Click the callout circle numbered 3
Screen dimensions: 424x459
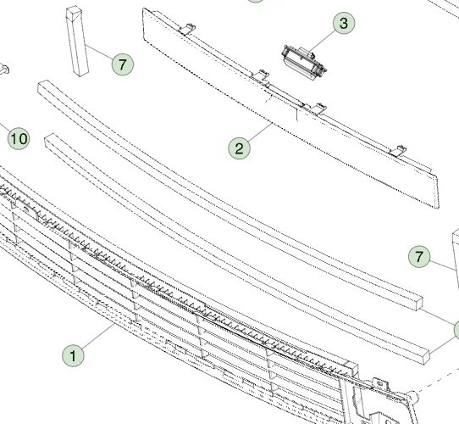tap(343, 23)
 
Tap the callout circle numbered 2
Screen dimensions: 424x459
tap(240, 148)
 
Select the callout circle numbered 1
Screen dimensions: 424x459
tap(74, 354)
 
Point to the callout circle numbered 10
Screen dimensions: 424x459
tap(18, 138)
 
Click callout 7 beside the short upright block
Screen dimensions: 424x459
tap(122, 64)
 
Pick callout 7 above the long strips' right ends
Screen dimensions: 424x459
tap(419, 255)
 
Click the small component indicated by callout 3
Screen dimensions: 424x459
tap(301, 59)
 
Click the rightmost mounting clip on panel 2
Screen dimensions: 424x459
tap(396, 150)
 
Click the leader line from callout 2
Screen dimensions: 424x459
tap(257, 135)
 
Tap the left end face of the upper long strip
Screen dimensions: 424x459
tap(43, 86)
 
